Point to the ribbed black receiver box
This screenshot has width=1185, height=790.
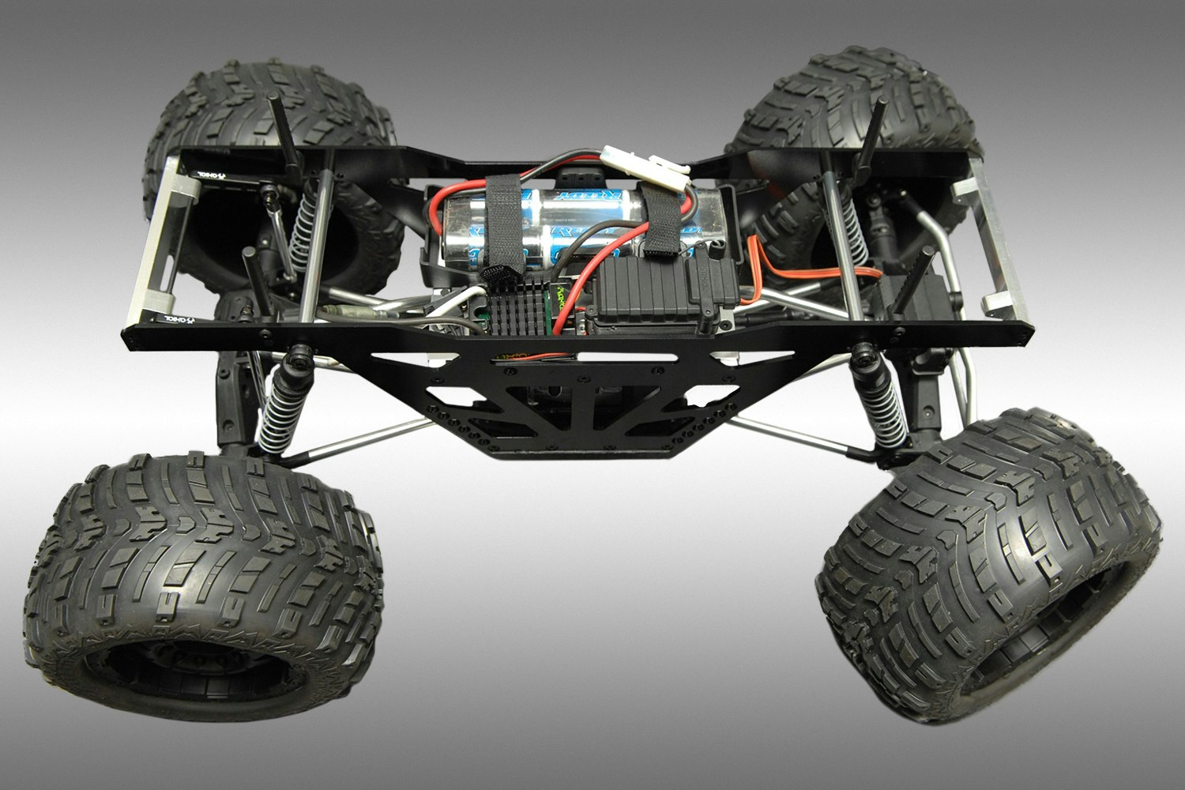coord(648,292)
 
